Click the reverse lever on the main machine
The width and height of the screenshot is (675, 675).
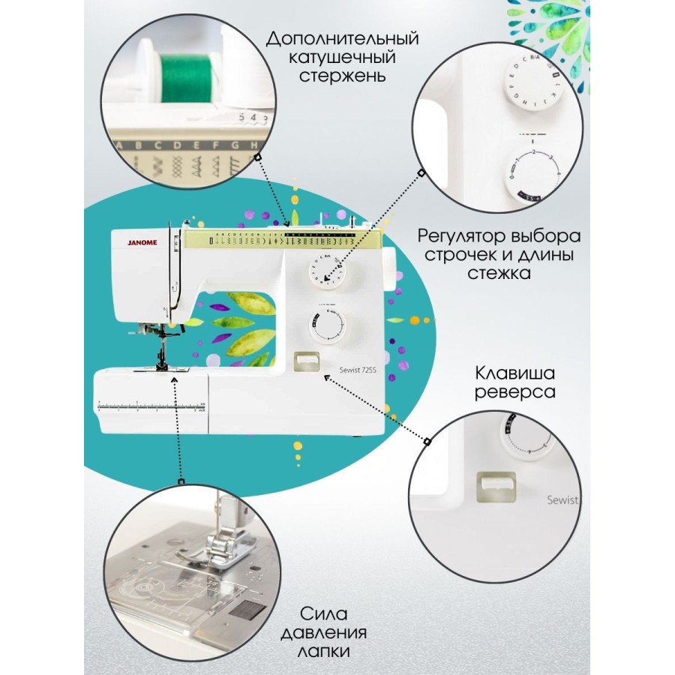(x=305, y=361)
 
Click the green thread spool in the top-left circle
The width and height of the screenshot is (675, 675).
(x=184, y=77)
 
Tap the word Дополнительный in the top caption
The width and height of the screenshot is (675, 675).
(x=343, y=39)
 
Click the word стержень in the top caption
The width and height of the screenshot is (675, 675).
(x=343, y=76)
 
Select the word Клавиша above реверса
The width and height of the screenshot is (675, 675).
(x=514, y=373)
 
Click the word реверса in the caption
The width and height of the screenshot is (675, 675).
(x=514, y=392)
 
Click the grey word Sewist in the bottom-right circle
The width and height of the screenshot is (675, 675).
(x=562, y=500)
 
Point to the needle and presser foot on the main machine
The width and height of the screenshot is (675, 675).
(x=161, y=352)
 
